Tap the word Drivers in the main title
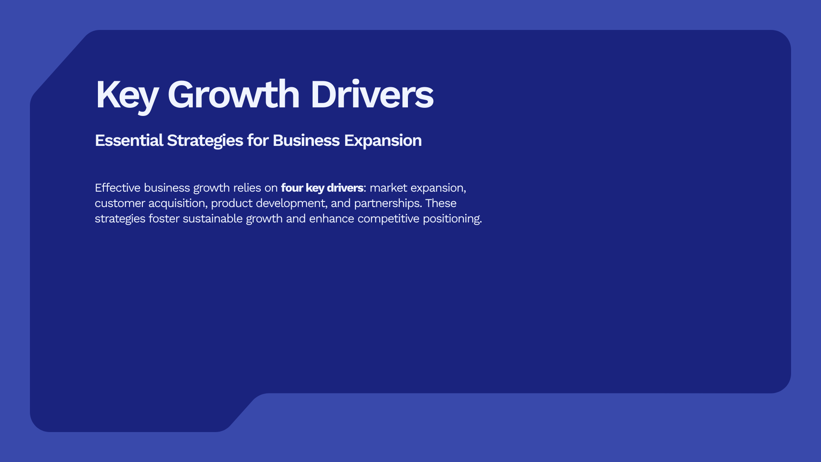(372, 95)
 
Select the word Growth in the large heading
(233, 95)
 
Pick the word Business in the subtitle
(306, 140)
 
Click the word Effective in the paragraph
(118, 188)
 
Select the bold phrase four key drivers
(322, 188)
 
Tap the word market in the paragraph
(388, 188)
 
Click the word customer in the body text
(120, 203)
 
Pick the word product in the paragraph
(232, 204)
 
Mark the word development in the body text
(292, 204)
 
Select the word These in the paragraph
(441, 203)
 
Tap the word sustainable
(213, 219)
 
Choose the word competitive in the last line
(388, 219)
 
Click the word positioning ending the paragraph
(452, 219)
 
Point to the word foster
(164, 219)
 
